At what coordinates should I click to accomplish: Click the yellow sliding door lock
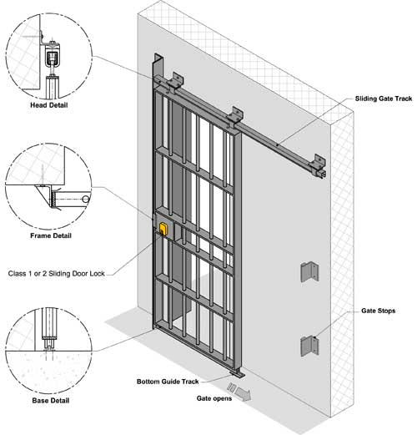[x=163, y=230]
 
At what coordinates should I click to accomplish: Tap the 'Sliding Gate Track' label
[x=384, y=99]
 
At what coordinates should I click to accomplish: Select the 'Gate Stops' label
[x=378, y=311]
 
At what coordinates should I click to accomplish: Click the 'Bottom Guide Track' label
[x=168, y=382]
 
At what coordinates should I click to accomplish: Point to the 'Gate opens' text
[x=214, y=398]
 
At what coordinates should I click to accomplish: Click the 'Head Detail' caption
[x=49, y=105]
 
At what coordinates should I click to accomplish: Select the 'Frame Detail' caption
[x=51, y=235]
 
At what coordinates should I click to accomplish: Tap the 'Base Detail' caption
[x=51, y=401]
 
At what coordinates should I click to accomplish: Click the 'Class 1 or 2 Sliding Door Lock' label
[x=57, y=274]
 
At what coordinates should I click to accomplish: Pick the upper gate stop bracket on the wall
[x=309, y=272]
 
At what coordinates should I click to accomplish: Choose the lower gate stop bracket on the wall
[x=309, y=346]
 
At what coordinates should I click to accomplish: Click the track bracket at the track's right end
[x=319, y=166]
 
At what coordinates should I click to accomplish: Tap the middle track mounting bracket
[x=235, y=116]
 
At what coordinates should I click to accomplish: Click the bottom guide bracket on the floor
[x=238, y=373]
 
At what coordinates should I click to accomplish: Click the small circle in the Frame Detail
[x=86, y=200]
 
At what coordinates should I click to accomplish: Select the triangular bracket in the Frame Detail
[x=44, y=195]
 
